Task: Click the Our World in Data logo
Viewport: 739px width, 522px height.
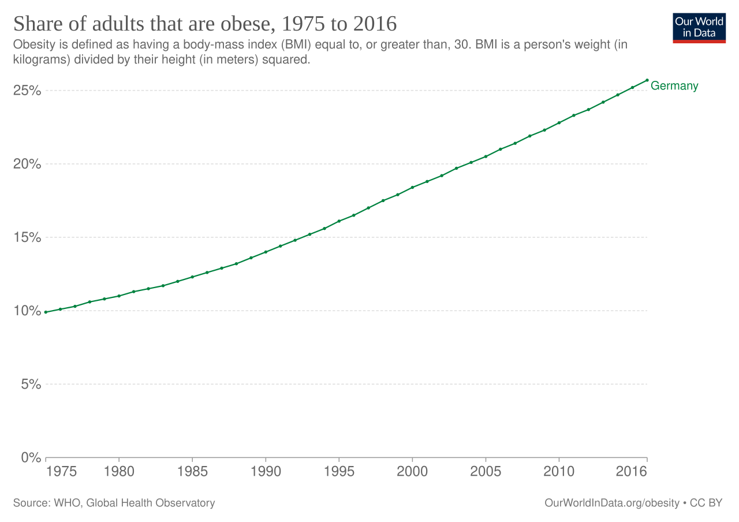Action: click(699, 28)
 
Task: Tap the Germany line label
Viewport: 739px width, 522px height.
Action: click(674, 86)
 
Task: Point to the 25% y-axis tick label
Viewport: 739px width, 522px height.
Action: click(27, 91)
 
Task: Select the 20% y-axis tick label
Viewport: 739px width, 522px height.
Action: click(27, 164)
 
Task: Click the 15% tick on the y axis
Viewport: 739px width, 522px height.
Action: click(27, 237)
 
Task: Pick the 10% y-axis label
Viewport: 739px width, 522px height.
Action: click(27, 311)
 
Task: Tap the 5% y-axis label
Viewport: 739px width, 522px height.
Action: click(31, 384)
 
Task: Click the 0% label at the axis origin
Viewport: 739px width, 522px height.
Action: click(31, 458)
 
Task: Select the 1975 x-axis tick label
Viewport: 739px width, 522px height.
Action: click(61, 472)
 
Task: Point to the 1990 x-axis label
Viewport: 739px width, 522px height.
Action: click(266, 472)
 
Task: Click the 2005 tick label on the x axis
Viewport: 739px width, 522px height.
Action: click(486, 472)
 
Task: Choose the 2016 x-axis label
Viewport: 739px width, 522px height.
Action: click(632, 472)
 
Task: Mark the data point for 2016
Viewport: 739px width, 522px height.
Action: click(647, 80)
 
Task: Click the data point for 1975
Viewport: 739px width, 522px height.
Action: click(46, 312)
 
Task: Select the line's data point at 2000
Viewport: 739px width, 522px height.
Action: click(412, 188)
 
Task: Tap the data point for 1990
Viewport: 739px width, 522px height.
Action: click(266, 252)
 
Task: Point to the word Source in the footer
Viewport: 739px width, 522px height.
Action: click(32, 503)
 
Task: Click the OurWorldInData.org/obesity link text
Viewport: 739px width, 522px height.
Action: click(612, 503)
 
